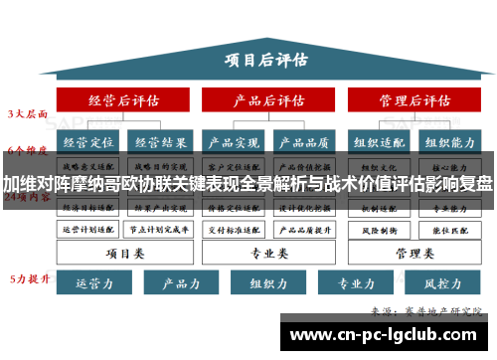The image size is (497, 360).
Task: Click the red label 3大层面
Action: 29,113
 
